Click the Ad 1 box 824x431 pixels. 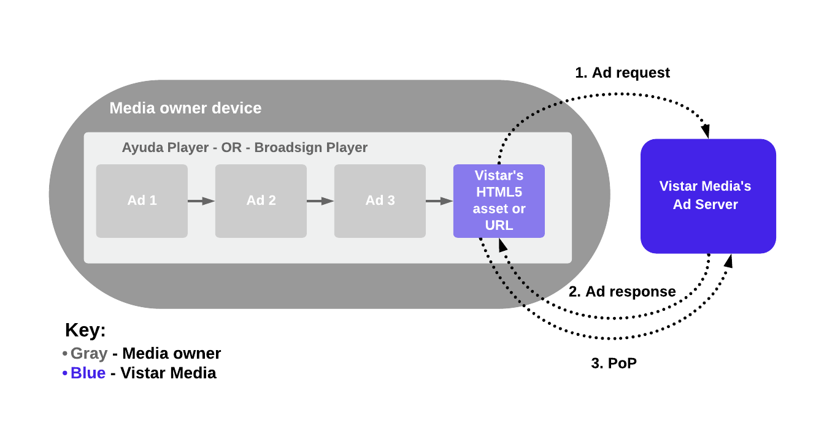coord(142,200)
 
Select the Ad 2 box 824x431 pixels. coord(261,200)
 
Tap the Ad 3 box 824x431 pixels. coord(380,200)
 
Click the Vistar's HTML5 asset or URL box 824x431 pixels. coord(499,200)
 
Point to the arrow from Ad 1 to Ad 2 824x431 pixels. coord(201,201)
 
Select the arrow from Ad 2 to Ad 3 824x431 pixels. coord(320,201)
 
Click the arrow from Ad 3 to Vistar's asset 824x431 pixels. coord(439,201)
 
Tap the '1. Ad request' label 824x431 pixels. coord(622,73)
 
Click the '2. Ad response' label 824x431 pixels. coord(622,291)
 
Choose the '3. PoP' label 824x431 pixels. coord(614,363)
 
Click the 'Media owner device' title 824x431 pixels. coord(185,109)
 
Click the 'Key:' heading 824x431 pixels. coord(85,330)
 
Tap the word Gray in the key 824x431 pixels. coord(89,354)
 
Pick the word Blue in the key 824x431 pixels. coord(88,373)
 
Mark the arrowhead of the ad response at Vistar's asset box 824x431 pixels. coord(502,245)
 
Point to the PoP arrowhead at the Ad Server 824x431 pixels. coord(728,262)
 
